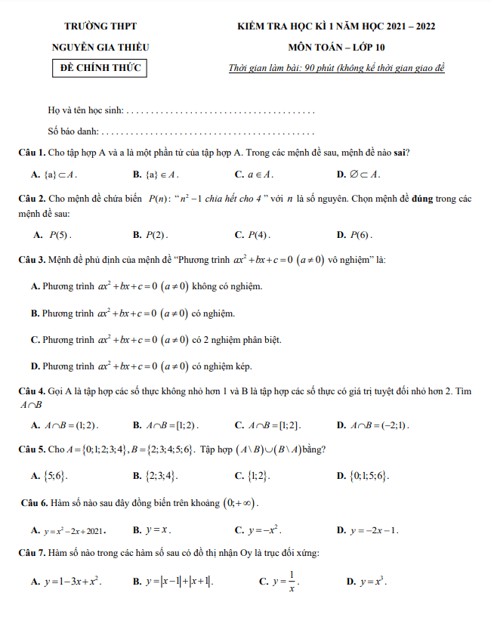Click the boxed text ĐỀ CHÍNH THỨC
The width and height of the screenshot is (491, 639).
100,69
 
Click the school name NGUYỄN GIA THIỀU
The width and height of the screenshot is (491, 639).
100,47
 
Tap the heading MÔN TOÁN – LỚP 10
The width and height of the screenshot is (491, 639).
336,47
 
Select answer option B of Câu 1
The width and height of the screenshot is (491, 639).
156,174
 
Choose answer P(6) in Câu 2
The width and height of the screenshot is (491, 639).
360,235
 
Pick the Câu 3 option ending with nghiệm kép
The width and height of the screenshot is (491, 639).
141,366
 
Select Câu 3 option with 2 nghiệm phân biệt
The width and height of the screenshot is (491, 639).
156,340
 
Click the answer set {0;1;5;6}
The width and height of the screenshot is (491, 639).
371,476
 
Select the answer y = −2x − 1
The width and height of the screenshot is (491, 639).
375,530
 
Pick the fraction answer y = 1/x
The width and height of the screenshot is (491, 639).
287,582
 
